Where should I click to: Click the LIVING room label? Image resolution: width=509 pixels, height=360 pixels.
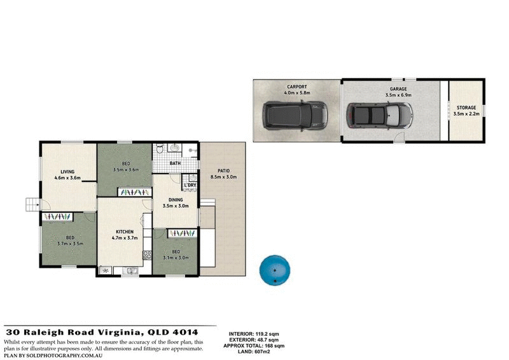pyautogui.click(x=68, y=171)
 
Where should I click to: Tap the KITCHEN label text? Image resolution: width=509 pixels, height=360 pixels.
pyautogui.click(x=123, y=232)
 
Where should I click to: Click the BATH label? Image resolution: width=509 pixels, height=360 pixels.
pyautogui.click(x=176, y=163)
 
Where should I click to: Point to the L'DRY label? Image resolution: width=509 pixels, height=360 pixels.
pyautogui.click(x=190, y=186)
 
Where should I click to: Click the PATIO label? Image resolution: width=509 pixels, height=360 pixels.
pyautogui.click(x=223, y=170)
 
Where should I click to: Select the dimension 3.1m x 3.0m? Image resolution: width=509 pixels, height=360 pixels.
pyautogui.click(x=174, y=258)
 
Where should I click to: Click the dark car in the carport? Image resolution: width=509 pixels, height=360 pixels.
pyautogui.click(x=295, y=115)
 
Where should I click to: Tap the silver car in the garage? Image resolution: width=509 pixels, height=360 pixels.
pyautogui.click(x=379, y=115)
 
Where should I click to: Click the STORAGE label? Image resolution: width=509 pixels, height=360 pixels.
pyautogui.click(x=466, y=107)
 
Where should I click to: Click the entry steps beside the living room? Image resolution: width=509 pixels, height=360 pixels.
pyautogui.click(x=32, y=204)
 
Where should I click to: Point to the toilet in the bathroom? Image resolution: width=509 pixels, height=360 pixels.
pyautogui.click(x=159, y=150)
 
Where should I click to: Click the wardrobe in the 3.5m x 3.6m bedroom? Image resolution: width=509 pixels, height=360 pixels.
pyautogui.click(x=134, y=191)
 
